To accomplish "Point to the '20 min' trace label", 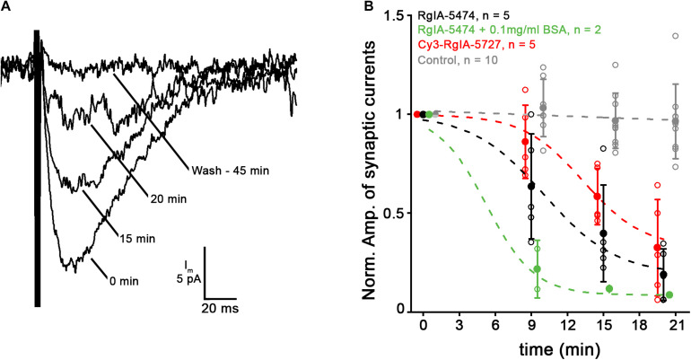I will (x=167, y=199).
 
